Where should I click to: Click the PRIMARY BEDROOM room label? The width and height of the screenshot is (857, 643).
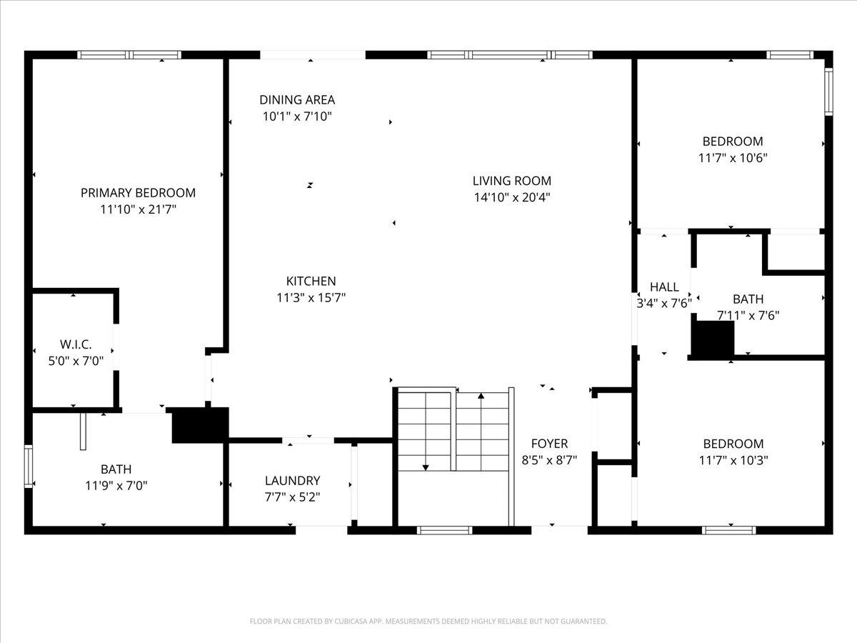tap(139, 193)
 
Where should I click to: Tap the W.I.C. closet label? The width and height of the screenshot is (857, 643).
tap(76, 344)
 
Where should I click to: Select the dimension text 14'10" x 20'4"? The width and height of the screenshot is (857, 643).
tap(512, 198)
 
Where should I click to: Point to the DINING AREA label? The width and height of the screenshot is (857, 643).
tap(297, 100)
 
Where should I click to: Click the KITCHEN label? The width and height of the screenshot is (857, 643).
tap(311, 281)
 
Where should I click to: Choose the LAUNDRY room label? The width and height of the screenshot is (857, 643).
tap(292, 481)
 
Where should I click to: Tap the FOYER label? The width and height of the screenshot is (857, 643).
tap(549, 444)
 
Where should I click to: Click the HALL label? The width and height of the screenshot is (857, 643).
tap(664, 287)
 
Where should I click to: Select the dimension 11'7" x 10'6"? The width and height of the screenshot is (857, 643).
tap(733, 158)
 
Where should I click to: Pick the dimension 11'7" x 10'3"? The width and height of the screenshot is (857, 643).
tap(733, 460)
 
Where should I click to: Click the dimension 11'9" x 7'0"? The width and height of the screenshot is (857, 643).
tap(116, 486)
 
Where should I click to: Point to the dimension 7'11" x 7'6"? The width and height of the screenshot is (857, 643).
tap(748, 315)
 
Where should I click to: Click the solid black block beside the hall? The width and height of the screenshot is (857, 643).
tap(713, 338)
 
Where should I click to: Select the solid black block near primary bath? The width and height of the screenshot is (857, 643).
tap(200, 425)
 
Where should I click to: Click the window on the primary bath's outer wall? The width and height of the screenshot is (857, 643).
tap(29, 466)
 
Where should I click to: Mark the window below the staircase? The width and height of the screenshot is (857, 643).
tap(444, 530)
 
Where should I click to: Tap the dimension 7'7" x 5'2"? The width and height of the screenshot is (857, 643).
tap(292, 497)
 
